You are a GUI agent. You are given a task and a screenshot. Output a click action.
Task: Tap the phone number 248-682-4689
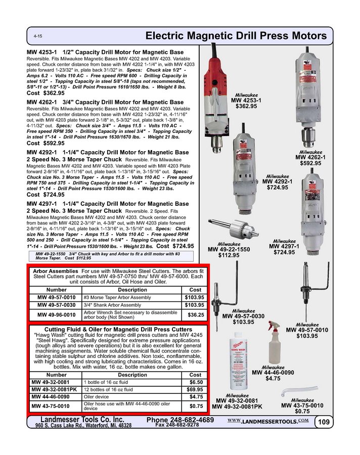pos(179,420)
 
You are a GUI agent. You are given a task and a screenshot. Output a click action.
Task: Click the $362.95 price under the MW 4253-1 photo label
pos(244,106)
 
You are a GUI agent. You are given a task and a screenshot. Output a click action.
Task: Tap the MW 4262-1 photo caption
pos(310,157)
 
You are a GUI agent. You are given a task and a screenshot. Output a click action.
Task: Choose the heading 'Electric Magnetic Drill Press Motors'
pos(236,36)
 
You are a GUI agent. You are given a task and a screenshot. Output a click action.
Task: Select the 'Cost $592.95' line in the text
pos(46,144)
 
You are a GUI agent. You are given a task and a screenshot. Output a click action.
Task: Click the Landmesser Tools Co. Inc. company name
pos(82,420)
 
